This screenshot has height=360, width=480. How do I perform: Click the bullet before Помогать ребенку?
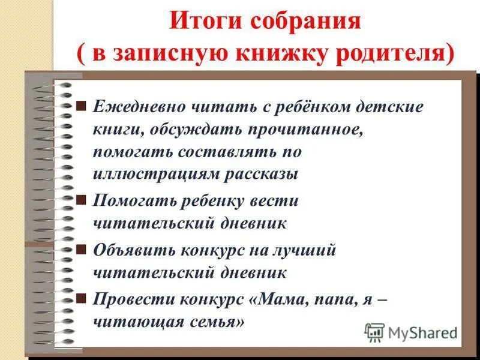[x=82, y=199]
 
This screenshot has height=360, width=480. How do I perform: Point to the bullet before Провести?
[x=82, y=298]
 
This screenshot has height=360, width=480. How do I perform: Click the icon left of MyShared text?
[x=374, y=332]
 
